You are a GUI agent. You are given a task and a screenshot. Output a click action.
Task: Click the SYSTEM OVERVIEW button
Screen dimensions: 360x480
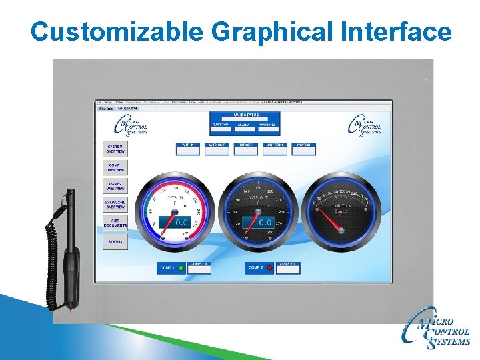[x=115, y=149]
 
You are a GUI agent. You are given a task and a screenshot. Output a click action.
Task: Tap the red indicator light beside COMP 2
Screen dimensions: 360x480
[x=269, y=267]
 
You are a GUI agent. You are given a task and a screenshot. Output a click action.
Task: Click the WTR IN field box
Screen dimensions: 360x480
[x=187, y=149]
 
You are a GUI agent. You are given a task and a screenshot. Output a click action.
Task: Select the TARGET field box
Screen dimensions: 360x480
[x=245, y=149]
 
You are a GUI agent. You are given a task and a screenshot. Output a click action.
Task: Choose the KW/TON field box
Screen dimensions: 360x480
[x=303, y=149]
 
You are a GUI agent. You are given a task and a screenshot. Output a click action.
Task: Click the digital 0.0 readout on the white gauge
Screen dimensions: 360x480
[x=181, y=223]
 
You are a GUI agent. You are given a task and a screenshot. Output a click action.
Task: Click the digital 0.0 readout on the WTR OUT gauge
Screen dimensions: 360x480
[x=265, y=222]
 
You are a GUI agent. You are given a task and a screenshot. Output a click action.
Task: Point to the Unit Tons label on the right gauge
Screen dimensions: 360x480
[x=341, y=206]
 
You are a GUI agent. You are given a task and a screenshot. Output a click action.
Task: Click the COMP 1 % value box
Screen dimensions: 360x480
[x=199, y=267]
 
